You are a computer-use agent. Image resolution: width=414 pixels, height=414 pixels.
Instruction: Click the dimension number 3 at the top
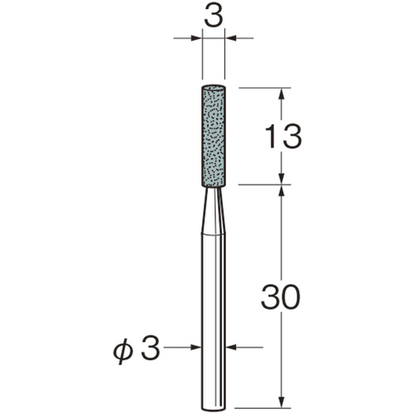[x=214, y=17]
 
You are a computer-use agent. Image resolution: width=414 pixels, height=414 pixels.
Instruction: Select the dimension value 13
[x=284, y=136]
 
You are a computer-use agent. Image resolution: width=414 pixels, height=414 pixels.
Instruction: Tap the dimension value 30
[x=281, y=296]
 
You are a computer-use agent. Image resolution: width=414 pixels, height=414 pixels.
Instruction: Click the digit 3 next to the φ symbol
[x=150, y=348]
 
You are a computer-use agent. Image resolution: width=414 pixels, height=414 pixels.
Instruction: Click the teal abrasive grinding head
[x=214, y=137]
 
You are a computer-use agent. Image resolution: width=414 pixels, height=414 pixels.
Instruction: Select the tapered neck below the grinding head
[x=214, y=211]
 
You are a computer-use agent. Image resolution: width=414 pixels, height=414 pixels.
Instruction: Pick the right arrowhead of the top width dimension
[x=231, y=38]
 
